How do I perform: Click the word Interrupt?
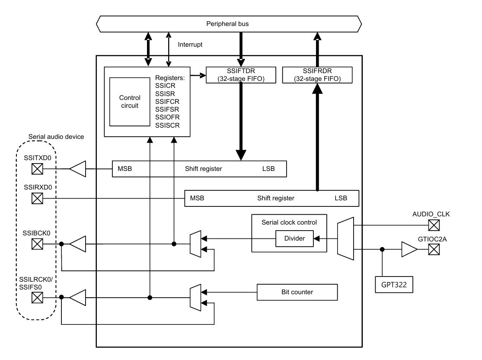pos(191,45)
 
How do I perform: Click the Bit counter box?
pos(297,292)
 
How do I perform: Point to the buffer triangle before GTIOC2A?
pos(408,250)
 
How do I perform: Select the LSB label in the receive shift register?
pos(341,198)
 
